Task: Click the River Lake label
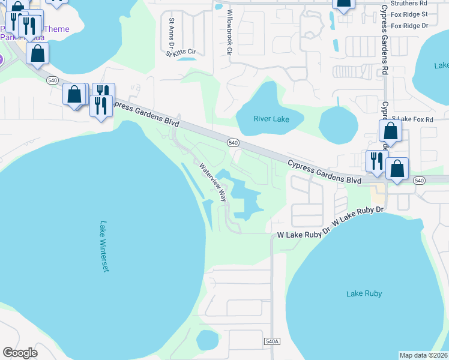pos(271,119)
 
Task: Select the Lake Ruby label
pos(364,293)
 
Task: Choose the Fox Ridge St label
pos(409,14)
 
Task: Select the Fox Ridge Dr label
pos(409,26)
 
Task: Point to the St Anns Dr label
pos(172,34)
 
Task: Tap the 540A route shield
pos(272,341)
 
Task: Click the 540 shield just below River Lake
pos(234,143)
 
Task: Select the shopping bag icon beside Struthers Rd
pos(343,4)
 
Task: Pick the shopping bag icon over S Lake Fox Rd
pos(390,131)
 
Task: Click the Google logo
pos(20,353)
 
